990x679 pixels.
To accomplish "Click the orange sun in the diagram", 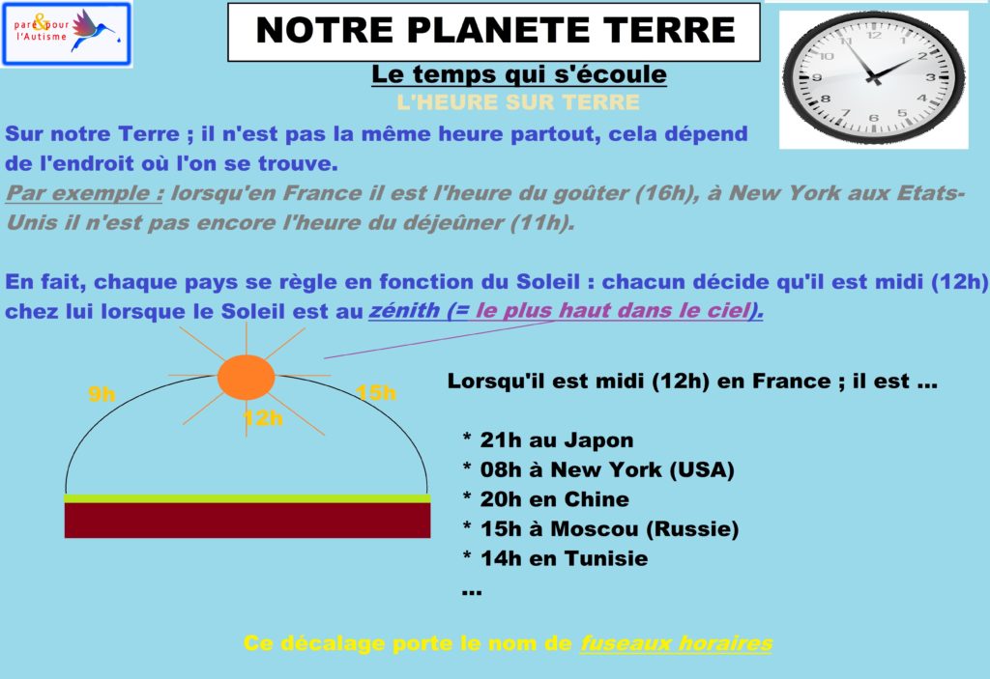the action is tap(246, 377).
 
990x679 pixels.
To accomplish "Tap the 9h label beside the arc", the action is tap(102, 394).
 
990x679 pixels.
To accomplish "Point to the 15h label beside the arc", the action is tap(376, 392).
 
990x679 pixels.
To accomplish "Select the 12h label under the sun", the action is tap(263, 418).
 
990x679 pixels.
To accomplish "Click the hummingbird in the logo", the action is tap(94, 29).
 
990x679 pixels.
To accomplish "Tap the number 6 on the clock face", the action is tap(874, 118).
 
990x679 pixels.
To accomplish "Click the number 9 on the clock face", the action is tap(816, 77).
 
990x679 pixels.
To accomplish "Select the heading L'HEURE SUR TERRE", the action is tap(518, 102).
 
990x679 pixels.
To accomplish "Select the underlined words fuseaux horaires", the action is tap(676, 643).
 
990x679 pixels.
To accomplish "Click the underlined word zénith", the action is tap(404, 310).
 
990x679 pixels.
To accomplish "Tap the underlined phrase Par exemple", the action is tap(85, 193).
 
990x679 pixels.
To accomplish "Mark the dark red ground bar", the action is tap(247, 520).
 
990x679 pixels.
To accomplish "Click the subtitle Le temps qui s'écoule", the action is tap(519, 74).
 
